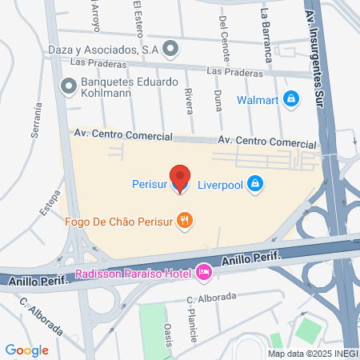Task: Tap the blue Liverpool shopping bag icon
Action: tap(254, 183)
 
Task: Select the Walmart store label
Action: tap(257, 100)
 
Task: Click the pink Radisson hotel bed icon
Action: tap(204, 274)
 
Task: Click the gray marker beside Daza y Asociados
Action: tap(169, 49)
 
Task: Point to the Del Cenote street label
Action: tap(222, 32)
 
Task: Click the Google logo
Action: tap(27, 350)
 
